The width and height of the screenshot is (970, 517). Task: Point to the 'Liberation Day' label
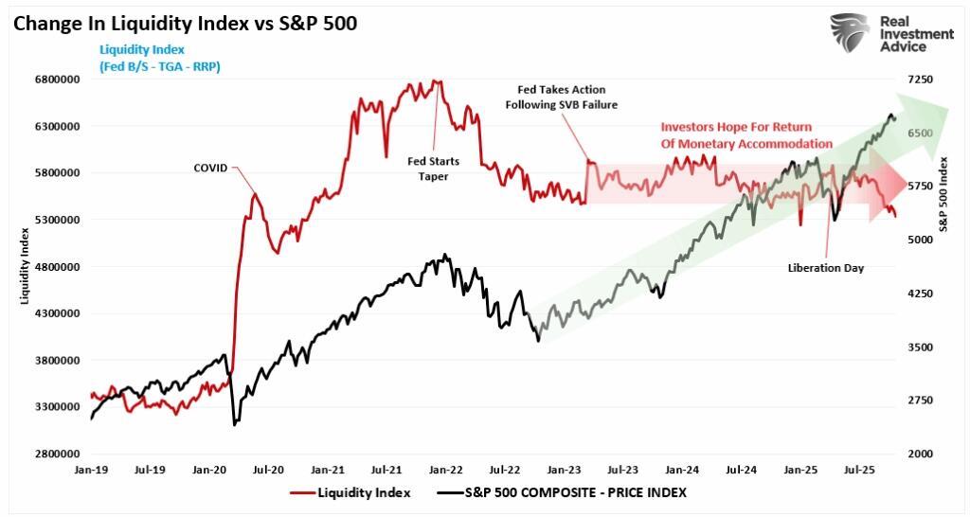point(826,268)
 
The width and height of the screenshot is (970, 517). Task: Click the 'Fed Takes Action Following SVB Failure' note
point(561,98)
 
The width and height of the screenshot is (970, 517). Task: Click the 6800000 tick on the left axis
point(58,80)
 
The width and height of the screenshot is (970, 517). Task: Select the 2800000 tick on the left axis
point(58,454)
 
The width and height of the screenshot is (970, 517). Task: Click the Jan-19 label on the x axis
point(91,469)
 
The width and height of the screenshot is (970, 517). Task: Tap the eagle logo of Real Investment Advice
point(850,32)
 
